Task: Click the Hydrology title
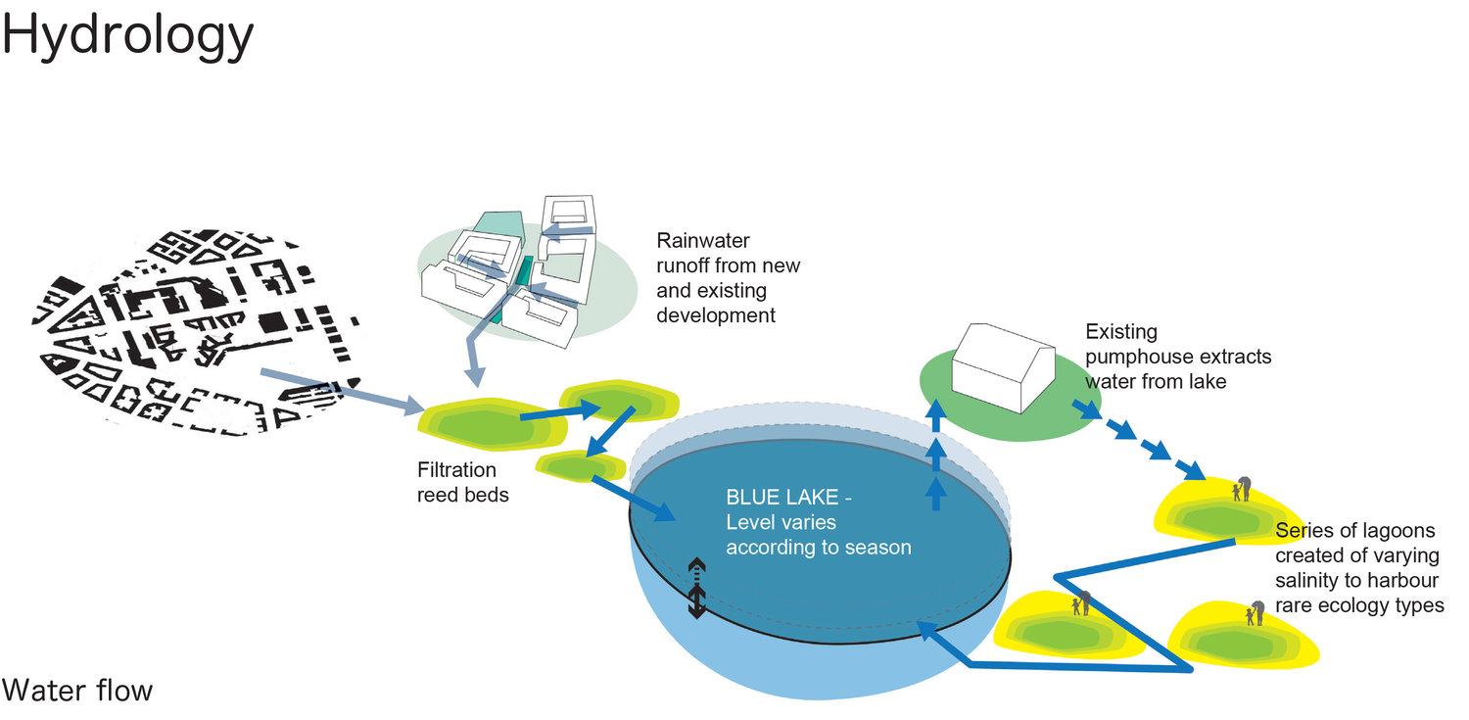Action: tap(128, 36)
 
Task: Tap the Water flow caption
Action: tap(77, 691)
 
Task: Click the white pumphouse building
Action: tap(1004, 367)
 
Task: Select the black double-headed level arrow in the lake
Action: tap(696, 588)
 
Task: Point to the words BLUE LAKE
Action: tap(782, 497)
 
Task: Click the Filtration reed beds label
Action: tap(463, 482)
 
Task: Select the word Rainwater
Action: tap(703, 241)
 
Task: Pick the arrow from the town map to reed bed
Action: tap(343, 392)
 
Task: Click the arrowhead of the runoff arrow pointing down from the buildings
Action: tap(474, 376)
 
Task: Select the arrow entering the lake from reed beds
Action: tap(634, 499)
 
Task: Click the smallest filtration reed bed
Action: tap(581, 466)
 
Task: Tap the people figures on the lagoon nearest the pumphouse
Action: tap(1242, 489)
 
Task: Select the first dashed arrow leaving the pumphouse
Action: tap(1087, 409)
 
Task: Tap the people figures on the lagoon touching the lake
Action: tap(1081, 603)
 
